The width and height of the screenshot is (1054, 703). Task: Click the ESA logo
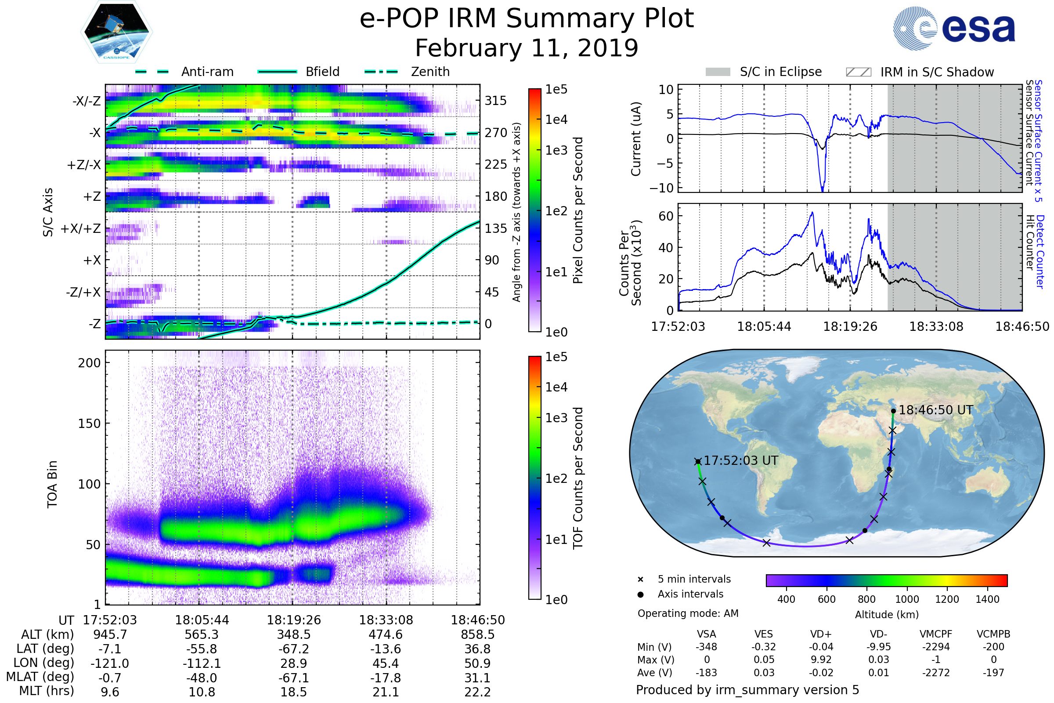pos(954,28)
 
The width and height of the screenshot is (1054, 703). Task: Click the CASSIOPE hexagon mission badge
pos(116,32)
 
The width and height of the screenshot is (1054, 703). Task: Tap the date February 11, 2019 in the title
pos(527,48)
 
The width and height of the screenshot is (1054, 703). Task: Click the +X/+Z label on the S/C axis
pos(81,228)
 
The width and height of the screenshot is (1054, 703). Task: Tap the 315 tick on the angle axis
pos(495,101)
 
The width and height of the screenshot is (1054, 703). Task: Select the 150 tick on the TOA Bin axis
pos(89,423)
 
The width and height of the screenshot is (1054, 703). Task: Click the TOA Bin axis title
pos(52,484)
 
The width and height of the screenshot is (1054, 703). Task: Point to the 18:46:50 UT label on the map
pos(935,410)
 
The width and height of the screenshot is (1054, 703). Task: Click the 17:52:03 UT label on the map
pos(741,460)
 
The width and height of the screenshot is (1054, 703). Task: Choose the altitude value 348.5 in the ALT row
pos(293,634)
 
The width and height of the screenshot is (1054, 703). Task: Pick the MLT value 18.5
pos(293,692)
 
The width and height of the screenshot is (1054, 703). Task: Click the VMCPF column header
pos(936,634)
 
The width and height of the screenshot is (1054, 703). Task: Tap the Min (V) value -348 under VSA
pos(706,647)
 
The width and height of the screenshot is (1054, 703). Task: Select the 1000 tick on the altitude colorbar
pos(907,599)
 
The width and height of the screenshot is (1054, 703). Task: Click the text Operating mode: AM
pos(688,613)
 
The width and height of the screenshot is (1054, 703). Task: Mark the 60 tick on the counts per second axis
pos(666,216)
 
